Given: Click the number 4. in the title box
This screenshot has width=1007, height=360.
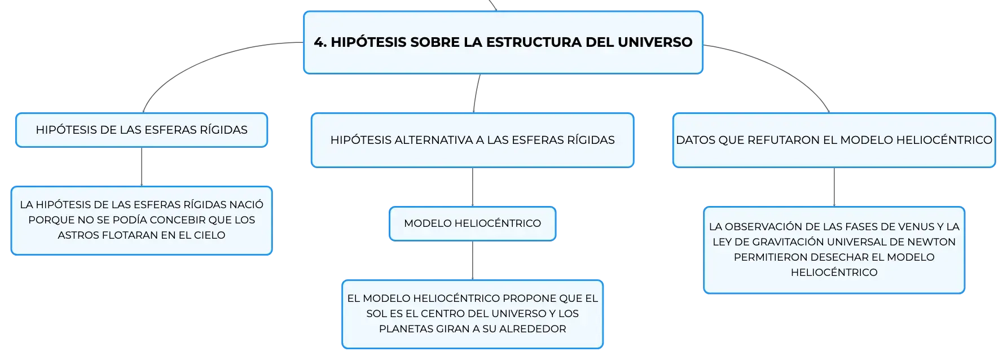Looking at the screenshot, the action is (320, 42).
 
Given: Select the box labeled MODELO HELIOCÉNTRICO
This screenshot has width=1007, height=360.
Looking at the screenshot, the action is (473, 223).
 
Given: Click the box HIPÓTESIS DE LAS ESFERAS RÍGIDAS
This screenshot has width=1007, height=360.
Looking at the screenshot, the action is (142, 130).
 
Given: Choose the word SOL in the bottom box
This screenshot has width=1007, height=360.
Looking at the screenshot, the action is (376, 314).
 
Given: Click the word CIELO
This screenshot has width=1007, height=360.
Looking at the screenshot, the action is (209, 235).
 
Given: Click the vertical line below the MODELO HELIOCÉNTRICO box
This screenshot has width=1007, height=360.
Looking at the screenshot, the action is (473, 261).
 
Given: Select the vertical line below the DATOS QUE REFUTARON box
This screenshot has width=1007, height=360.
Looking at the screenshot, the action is (834, 187).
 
